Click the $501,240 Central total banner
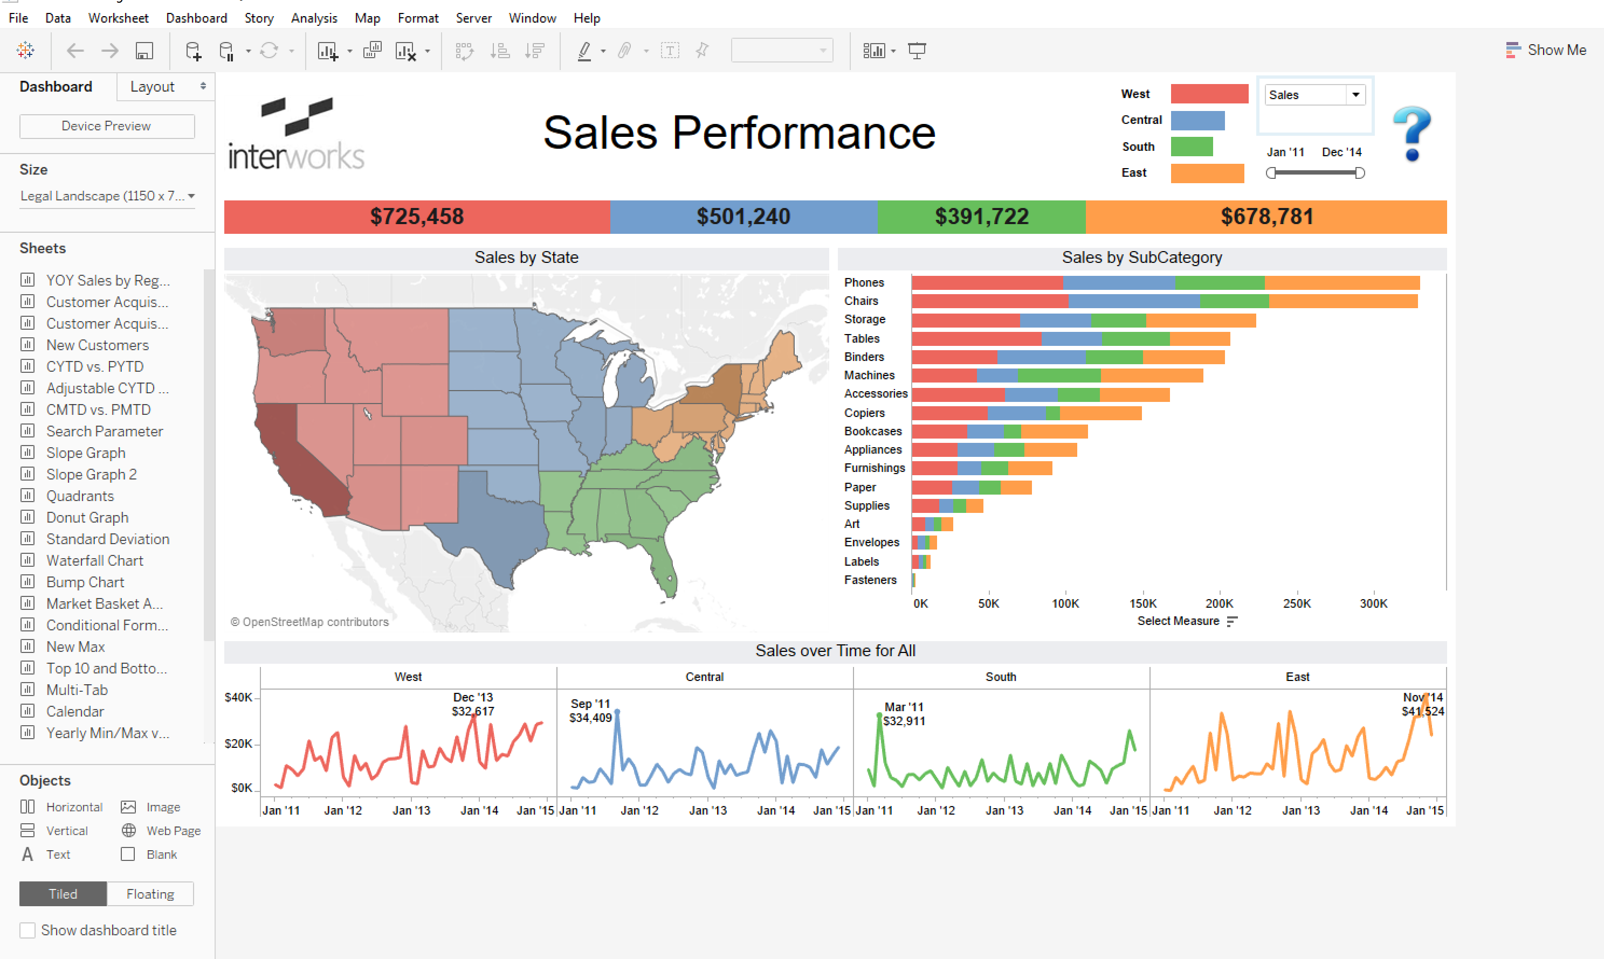[x=743, y=217]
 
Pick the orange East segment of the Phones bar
[x=1341, y=282]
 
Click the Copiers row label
[x=864, y=412]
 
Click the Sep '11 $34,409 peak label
[x=590, y=710]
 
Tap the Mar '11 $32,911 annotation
[x=903, y=713]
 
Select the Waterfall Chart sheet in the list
[x=94, y=560]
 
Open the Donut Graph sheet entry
[x=87, y=517]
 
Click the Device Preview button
[x=107, y=126]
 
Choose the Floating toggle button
[x=150, y=894]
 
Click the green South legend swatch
[x=1191, y=147]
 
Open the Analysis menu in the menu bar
[x=314, y=18]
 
